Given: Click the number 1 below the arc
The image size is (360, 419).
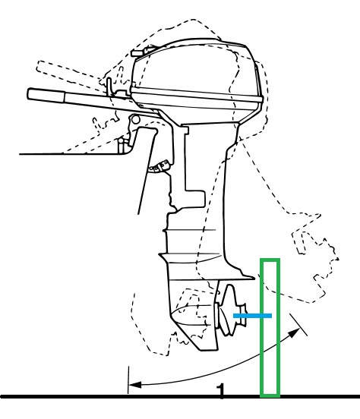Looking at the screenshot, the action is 221,392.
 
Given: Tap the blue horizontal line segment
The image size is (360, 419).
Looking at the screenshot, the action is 252,316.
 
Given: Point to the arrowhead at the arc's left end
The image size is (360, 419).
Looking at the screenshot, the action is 134,385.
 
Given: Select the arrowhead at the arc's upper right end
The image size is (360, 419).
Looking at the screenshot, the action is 295,332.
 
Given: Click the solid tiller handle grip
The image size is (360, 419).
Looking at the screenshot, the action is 46,95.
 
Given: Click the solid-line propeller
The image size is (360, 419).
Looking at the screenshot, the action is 229,310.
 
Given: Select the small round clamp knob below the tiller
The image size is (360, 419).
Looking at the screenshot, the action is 136,118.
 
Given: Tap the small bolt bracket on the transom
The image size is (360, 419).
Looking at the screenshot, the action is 159,166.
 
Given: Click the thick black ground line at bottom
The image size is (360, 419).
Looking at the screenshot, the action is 180,396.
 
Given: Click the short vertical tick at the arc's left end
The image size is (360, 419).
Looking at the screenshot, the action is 128,380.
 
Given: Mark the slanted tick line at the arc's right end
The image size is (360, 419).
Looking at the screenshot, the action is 298,324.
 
